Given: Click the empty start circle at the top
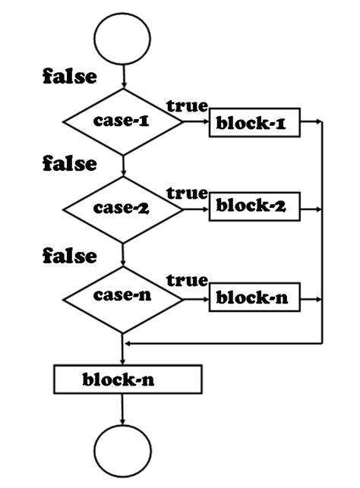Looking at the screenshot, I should point(122,36).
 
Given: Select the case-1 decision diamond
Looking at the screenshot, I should point(122,121).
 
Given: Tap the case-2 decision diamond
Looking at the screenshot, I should point(122,207).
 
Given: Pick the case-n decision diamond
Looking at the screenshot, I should point(122,298).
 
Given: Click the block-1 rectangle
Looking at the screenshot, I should point(254,123).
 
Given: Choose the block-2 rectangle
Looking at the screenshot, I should point(254,206).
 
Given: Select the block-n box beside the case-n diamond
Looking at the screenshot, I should point(254,298).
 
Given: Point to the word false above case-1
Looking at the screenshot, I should point(69,77).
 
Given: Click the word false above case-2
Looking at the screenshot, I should point(69,164).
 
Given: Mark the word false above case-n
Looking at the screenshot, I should point(69,256).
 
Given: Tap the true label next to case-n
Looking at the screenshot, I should point(187,282).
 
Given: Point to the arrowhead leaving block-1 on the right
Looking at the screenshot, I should point(318,121).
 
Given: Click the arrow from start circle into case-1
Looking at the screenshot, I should point(122,76).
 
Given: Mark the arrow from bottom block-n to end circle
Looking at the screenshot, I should point(122,410).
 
